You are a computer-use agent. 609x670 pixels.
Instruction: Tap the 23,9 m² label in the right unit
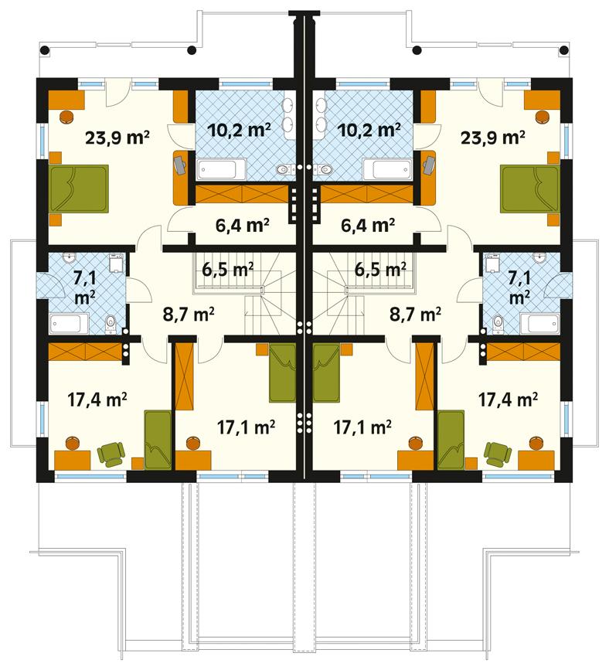(492, 138)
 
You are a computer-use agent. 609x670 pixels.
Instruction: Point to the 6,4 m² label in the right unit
(368, 226)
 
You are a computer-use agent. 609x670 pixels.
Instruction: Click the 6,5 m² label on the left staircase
(228, 270)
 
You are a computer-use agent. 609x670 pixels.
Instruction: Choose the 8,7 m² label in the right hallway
(414, 314)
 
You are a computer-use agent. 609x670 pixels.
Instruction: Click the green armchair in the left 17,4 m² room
(111, 452)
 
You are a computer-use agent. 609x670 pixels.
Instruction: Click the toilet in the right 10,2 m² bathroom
(325, 168)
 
